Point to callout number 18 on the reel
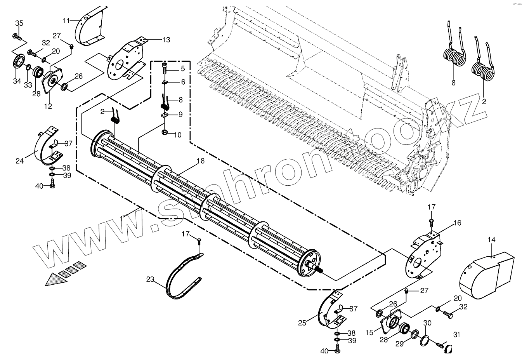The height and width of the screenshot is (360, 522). coord(200,161)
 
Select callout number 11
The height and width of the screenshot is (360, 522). coord(66,20)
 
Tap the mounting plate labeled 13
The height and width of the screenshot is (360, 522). coord(123,62)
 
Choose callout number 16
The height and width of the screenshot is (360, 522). coord(457,223)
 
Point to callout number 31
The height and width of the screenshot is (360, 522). coord(456,335)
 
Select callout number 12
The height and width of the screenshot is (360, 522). coord(48,106)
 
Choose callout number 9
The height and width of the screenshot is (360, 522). coord(180,115)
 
